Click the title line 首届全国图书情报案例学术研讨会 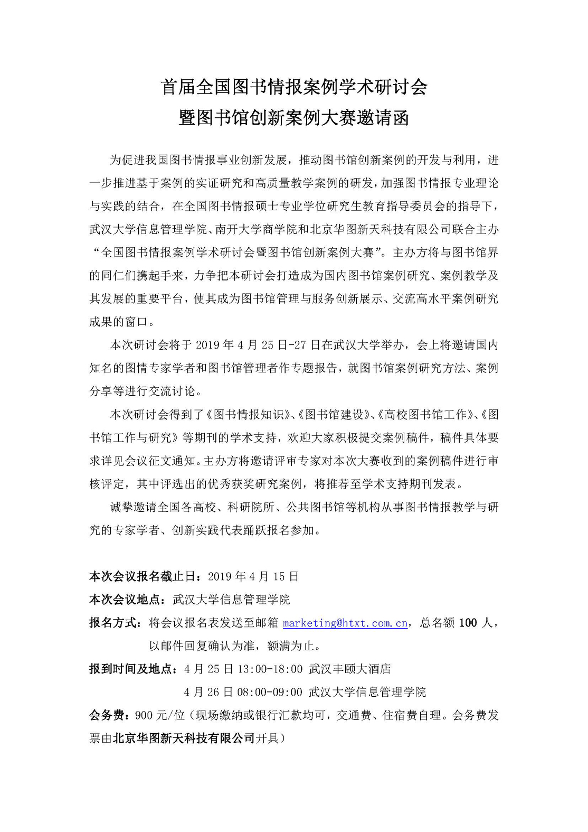tap(293, 87)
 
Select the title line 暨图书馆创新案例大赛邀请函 tap(293, 118)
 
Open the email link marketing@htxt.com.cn tap(345, 623)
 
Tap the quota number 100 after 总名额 tap(468, 623)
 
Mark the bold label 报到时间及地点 tap(131, 669)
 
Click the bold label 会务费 tap(107, 715)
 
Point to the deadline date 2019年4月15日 tap(253, 576)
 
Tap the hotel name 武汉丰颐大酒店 tap(350, 669)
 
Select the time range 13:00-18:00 tap(270, 669)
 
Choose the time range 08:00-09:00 tap(270, 692)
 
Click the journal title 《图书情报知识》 tap(248, 415)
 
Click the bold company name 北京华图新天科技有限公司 tap(184, 738)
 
